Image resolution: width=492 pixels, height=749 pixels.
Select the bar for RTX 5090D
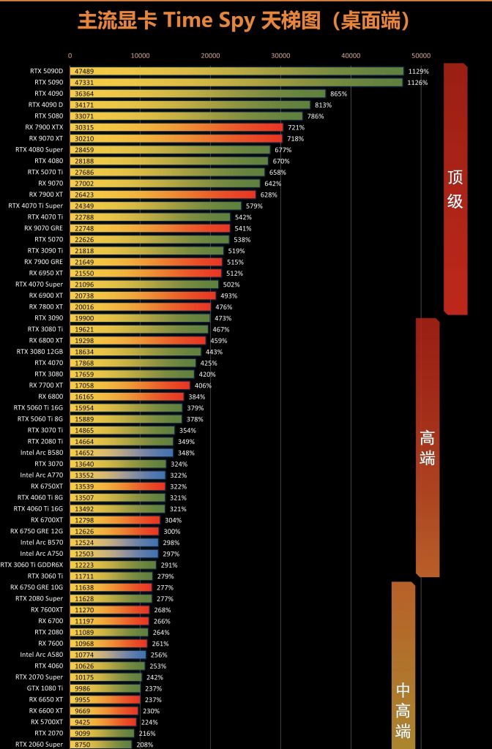(x=236, y=71)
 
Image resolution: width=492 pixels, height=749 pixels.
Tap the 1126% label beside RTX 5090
(x=418, y=83)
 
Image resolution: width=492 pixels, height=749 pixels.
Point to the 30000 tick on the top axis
(x=280, y=55)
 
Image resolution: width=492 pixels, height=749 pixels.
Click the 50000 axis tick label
(x=420, y=55)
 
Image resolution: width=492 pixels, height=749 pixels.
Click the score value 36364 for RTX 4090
(x=84, y=94)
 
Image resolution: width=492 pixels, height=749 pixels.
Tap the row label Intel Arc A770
(x=42, y=475)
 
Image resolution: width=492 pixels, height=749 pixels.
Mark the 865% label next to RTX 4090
(x=338, y=94)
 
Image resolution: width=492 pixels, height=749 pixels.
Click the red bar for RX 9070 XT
(x=176, y=138)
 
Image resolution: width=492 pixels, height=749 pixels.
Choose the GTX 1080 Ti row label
(x=45, y=688)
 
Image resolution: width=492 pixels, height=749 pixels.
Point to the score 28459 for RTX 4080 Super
(x=84, y=150)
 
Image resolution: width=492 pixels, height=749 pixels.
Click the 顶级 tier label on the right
(x=455, y=189)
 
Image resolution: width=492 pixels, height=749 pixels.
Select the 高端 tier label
(x=427, y=448)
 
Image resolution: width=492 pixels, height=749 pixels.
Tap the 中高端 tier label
(x=403, y=710)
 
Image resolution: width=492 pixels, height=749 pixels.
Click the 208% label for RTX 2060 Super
(x=145, y=745)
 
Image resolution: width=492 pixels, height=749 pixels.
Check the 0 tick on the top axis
(x=70, y=55)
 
